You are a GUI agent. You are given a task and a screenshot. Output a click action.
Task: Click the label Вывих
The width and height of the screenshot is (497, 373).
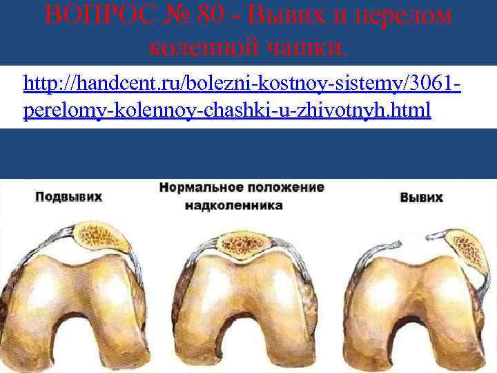pos(420,198)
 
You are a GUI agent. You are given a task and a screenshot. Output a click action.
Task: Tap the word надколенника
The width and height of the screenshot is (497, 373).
pos(238,205)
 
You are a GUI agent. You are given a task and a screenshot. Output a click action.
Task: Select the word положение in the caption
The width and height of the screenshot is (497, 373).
pos(288,188)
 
